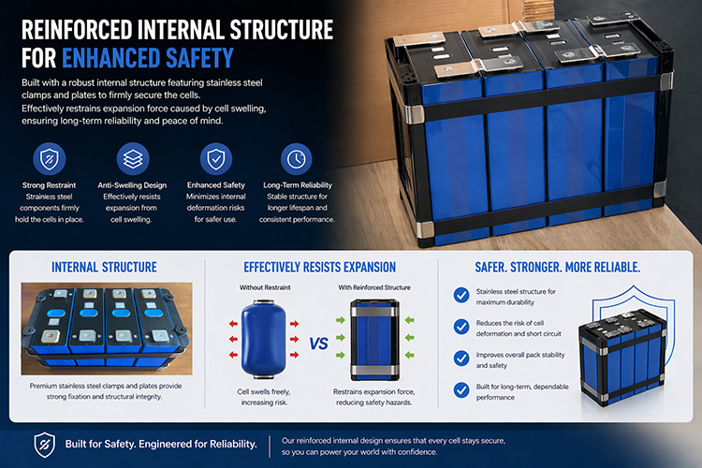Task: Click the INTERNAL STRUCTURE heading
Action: (105, 268)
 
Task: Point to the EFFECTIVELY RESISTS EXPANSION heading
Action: (319, 268)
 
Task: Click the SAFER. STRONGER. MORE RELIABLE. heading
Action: (559, 268)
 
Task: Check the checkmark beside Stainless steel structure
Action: (461, 295)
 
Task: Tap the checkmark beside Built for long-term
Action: (461, 388)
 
